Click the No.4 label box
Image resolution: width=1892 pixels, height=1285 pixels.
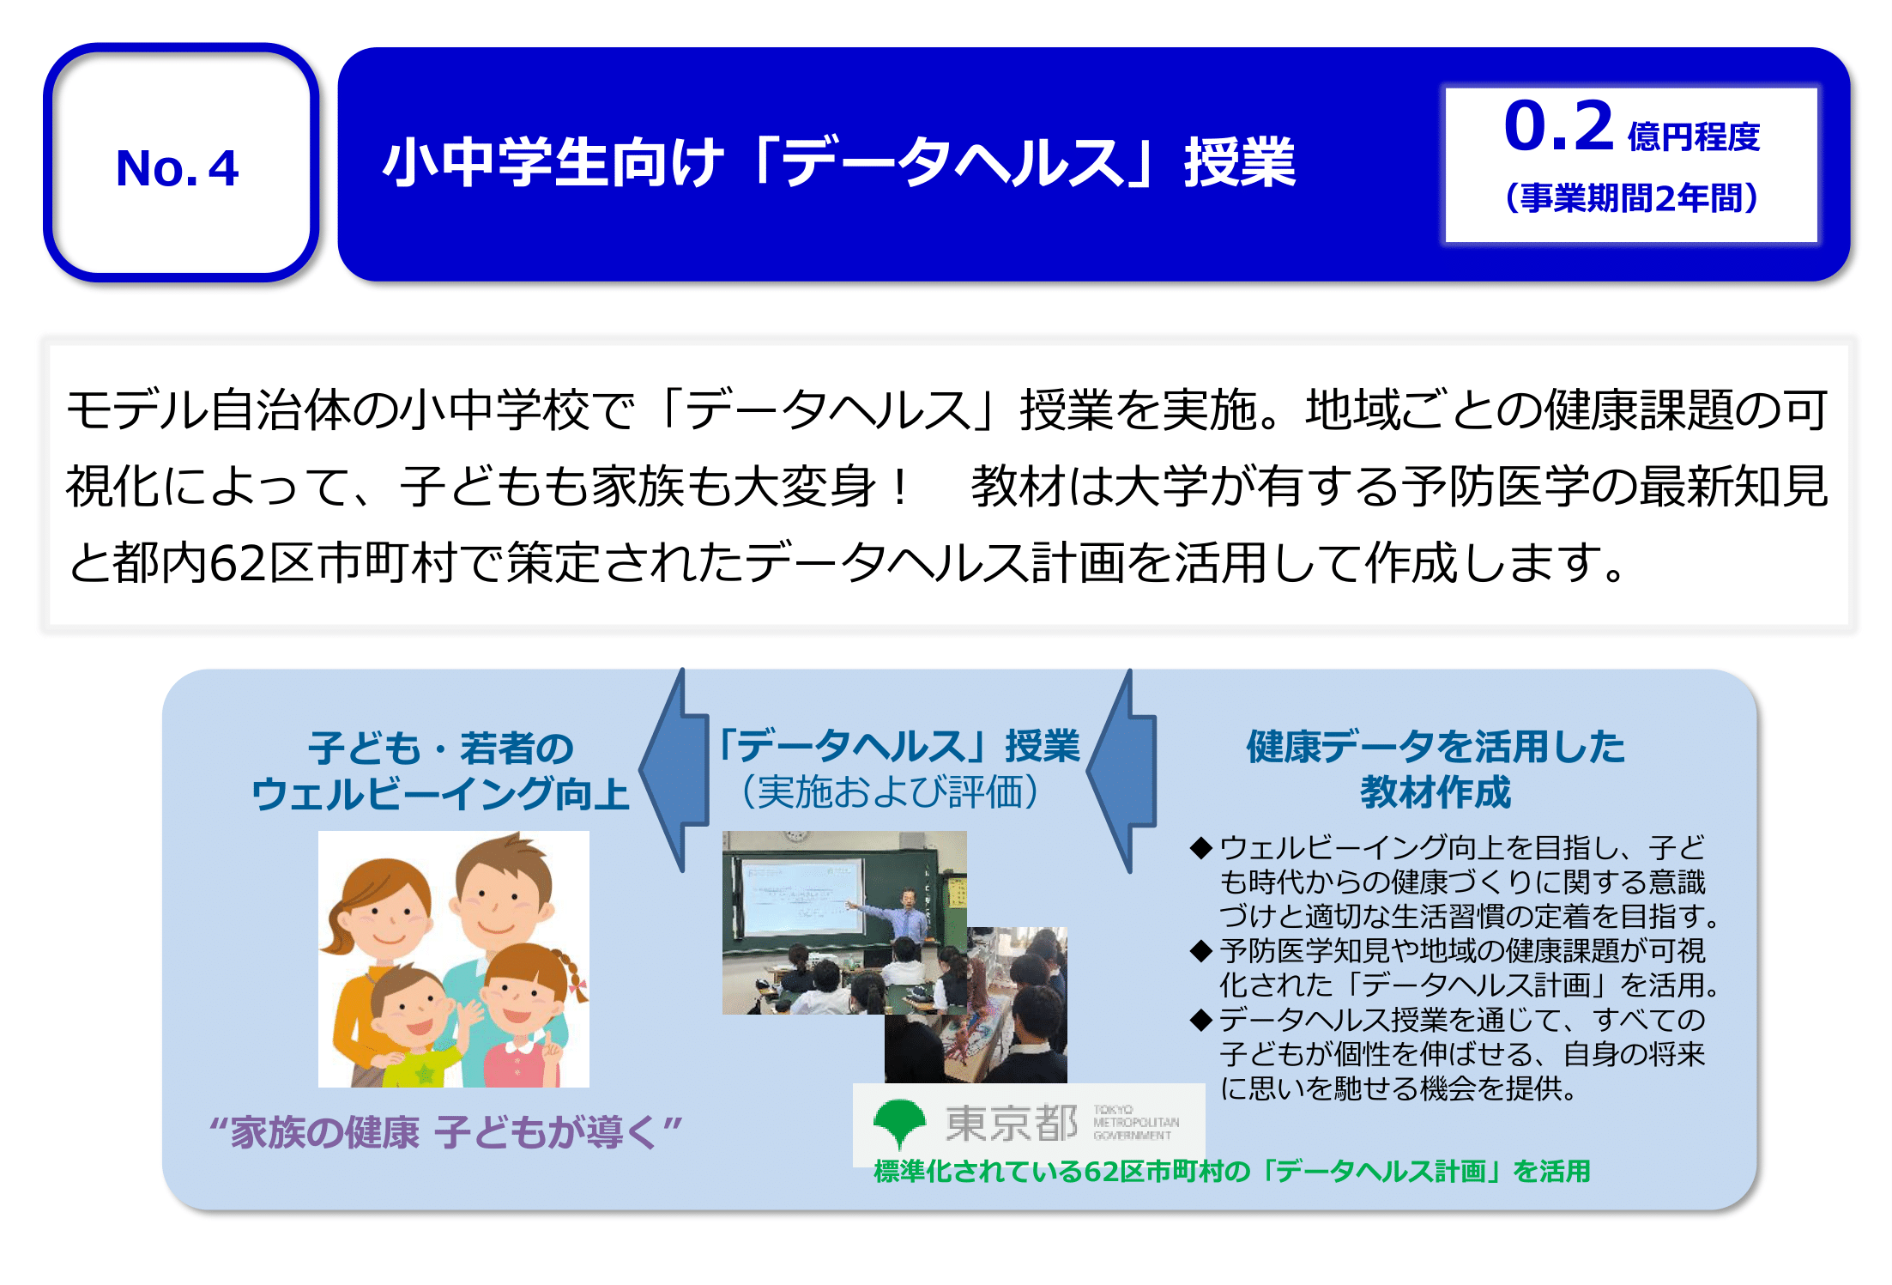180,163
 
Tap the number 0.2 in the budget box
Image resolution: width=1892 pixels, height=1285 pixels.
1559,126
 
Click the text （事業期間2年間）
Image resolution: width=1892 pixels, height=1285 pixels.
1632,198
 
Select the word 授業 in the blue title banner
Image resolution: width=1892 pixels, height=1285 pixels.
1240,162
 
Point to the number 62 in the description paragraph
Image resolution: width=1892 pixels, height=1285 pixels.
236,564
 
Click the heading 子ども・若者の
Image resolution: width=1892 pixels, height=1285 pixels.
441,749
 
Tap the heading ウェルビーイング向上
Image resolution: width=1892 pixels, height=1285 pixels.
441,793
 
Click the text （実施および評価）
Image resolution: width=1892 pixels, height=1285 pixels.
890,791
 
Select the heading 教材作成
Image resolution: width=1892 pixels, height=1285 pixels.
1436,791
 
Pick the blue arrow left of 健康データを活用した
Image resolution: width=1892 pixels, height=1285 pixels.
1122,770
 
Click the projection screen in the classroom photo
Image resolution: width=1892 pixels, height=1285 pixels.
801,896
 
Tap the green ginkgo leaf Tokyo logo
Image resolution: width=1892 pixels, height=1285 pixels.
899,1124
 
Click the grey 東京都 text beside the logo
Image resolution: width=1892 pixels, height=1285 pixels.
1012,1124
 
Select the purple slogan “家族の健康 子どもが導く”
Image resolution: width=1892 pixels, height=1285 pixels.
445,1133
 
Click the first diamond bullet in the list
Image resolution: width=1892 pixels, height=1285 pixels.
1201,848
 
